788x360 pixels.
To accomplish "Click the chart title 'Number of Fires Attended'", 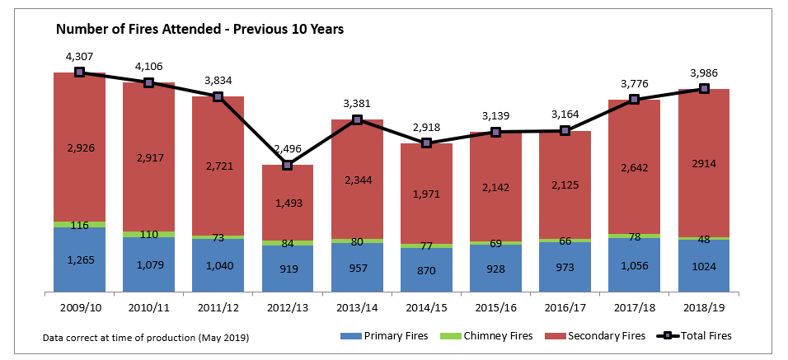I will click(x=199, y=29).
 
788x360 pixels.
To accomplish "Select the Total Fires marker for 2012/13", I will click(x=288, y=166).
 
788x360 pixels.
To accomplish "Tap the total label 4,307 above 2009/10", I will click(x=79, y=57).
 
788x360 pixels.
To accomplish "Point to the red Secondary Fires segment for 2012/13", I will click(x=288, y=202).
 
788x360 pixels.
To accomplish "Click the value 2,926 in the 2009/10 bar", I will click(x=79, y=148).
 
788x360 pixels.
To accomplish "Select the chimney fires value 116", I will click(x=79, y=225).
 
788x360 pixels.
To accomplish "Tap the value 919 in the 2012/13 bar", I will click(x=288, y=269).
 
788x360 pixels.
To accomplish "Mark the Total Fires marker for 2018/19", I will click(x=704, y=88).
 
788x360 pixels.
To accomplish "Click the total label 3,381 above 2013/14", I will click(x=357, y=104).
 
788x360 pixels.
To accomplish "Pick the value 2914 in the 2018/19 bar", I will click(x=704, y=163).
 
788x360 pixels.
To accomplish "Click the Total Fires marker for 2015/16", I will click(x=495, y=132).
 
